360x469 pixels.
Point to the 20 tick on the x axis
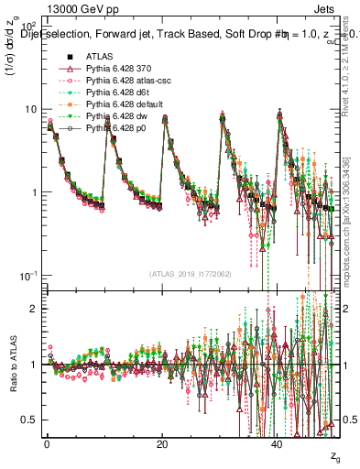pos(161,443)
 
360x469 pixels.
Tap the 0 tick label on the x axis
pos(47,443)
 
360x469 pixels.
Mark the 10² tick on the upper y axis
pos(27,26)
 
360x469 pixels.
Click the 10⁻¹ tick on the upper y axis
pos(27,276)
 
